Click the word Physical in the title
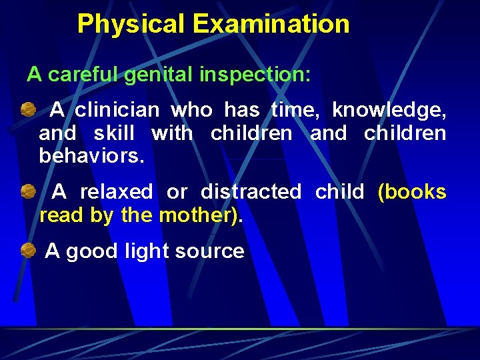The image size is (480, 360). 131,25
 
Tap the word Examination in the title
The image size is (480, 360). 271,25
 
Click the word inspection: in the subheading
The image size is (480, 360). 255,74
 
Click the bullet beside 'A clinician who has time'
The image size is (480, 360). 27,109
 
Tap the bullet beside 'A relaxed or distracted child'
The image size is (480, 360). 27,192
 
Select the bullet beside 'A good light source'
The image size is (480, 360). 27,251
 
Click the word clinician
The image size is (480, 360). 117,109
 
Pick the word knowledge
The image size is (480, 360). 389,109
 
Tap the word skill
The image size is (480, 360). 114,133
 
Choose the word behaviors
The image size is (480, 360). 91,157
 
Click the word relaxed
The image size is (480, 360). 116,192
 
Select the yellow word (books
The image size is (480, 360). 412,192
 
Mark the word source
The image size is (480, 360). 209,251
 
